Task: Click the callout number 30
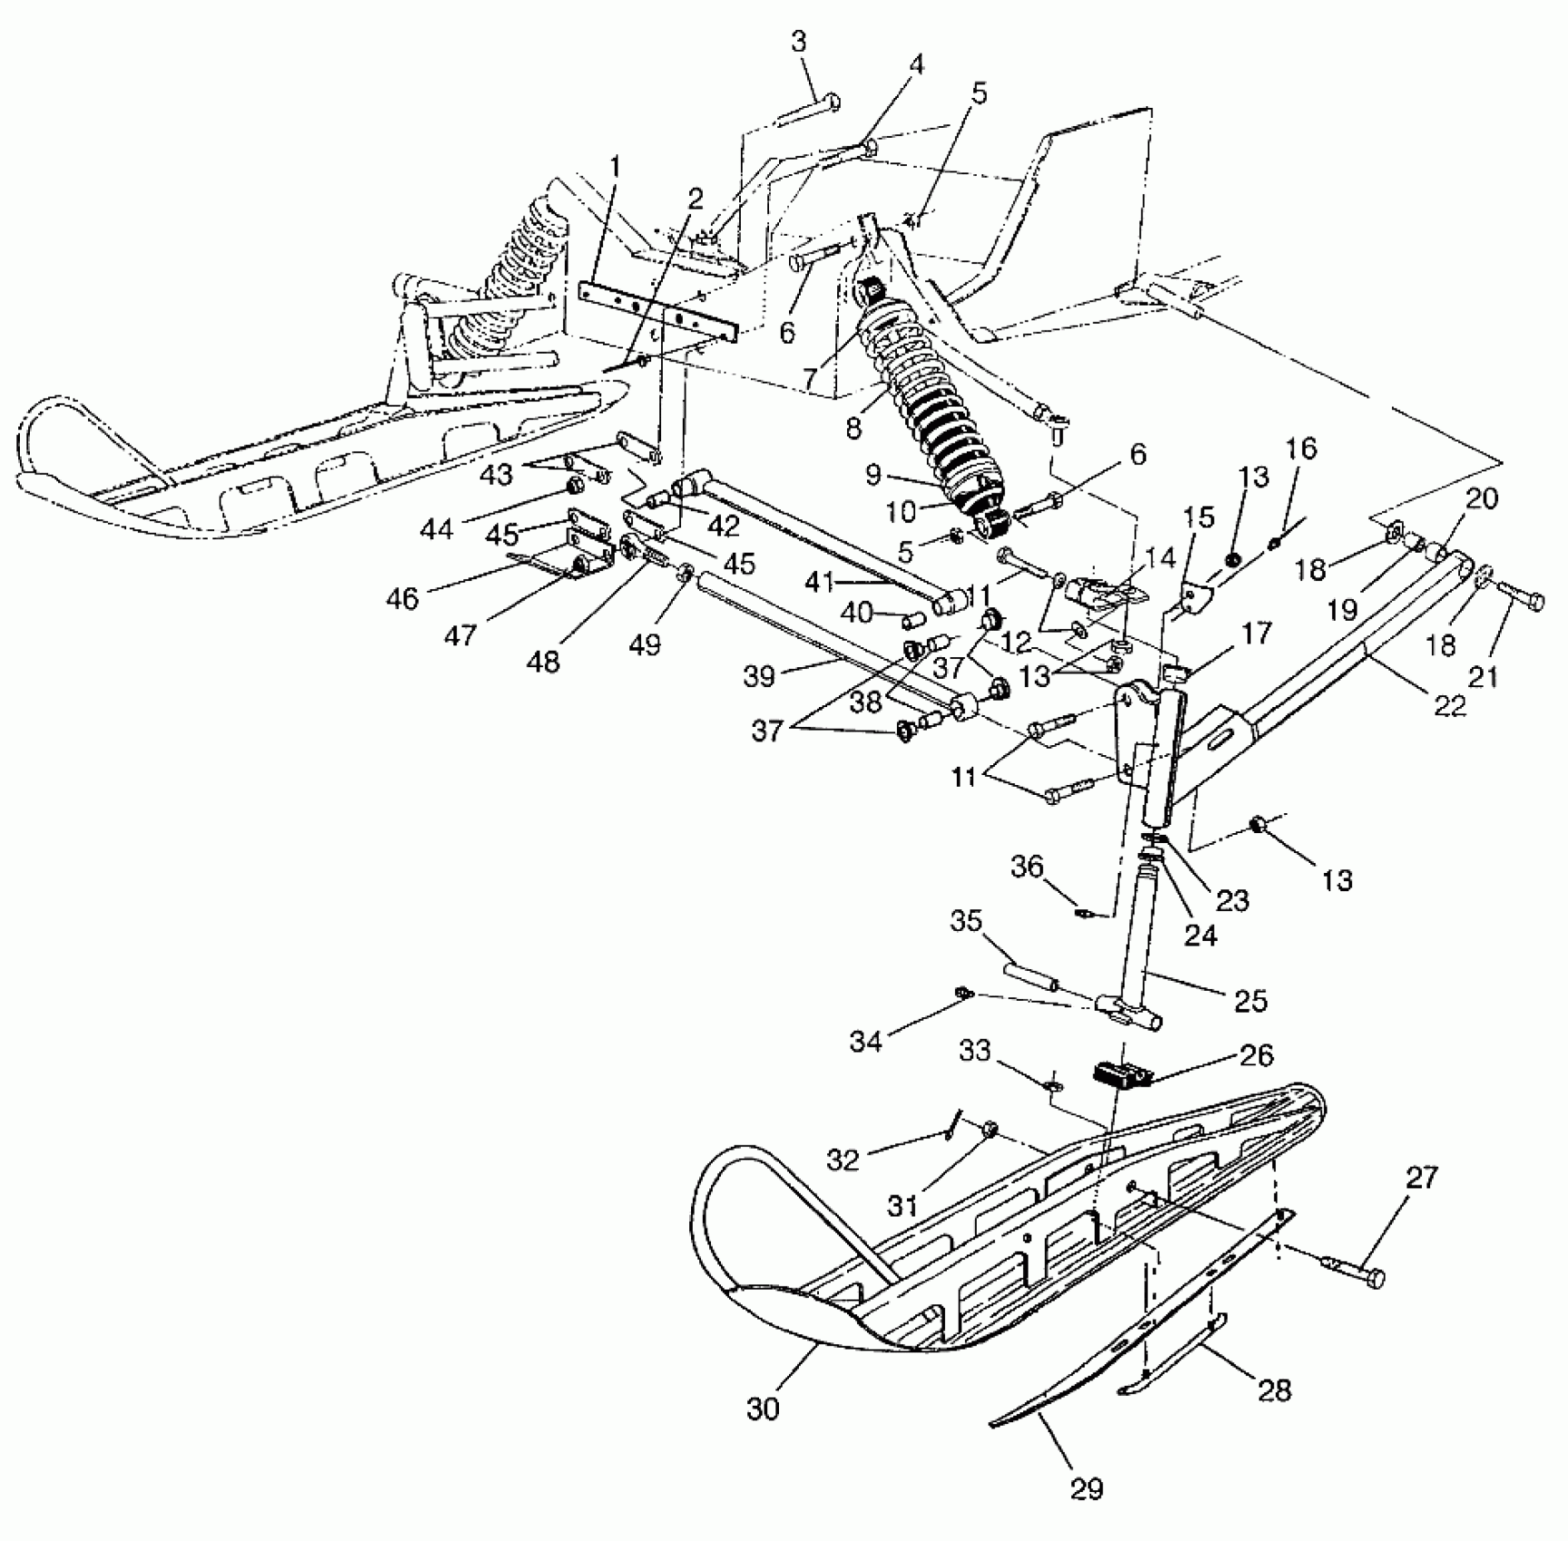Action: tap(764, 1410)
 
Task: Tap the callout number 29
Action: tap(1086, 1488)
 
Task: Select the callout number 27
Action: tap(1422, 1178)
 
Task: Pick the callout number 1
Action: tap(616, 167)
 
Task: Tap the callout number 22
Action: tap(1450, 704)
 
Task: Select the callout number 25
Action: tap(1251, 1000)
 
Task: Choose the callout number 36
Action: tap(1027, 867)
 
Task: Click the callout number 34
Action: tap(866, 1042)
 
